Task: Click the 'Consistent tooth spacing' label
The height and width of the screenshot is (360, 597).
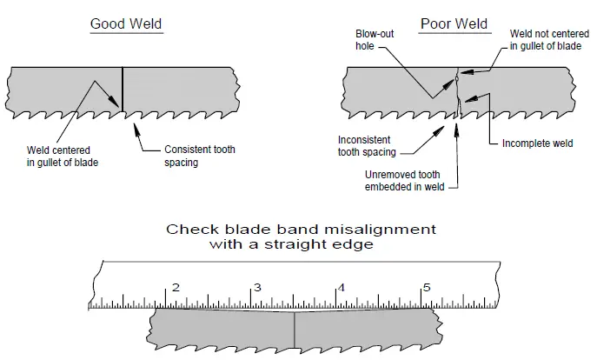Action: point(199,156)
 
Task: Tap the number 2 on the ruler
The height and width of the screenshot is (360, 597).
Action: point(176,287)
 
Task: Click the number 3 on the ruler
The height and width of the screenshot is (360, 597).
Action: point(258,287)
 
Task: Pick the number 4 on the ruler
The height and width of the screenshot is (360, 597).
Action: point(341,287)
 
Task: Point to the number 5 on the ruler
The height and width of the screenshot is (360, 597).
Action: point(425,287)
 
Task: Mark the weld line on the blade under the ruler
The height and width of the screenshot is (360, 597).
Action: point(295,330)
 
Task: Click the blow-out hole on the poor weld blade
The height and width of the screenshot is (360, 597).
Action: point(458,80)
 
